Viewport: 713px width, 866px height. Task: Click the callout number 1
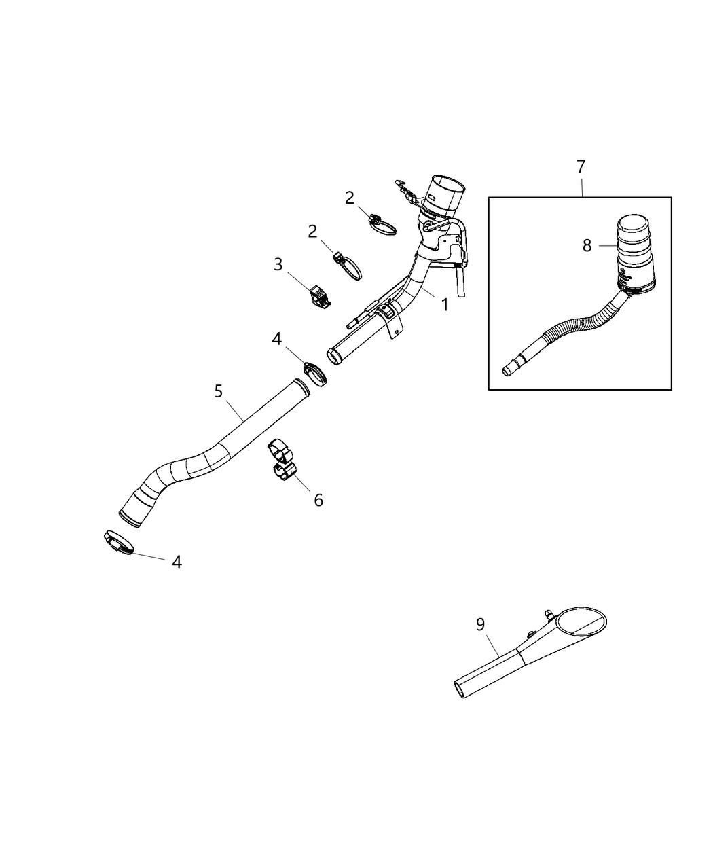click(445, 305)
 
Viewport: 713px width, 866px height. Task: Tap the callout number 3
click(278, 264)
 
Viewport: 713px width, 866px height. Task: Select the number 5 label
click(218, 391)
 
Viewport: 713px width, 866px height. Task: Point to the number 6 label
click(318, 500)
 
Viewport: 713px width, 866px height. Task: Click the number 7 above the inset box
click(581, 167)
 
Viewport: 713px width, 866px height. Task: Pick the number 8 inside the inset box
click(587, 245)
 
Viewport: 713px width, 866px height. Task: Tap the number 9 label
click(481, 624)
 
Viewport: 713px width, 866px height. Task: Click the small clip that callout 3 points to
click(319, 297)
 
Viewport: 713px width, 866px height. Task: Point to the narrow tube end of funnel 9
click(462, 689)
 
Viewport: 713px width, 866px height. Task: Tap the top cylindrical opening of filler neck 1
click(448, 191)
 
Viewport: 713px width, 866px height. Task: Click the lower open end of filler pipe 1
click(334, 355)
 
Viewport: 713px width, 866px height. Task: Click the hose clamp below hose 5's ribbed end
click(118, 542)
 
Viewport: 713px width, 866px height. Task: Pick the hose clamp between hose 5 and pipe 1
click(313, 372)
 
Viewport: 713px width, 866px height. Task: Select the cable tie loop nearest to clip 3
click(348, 266)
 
